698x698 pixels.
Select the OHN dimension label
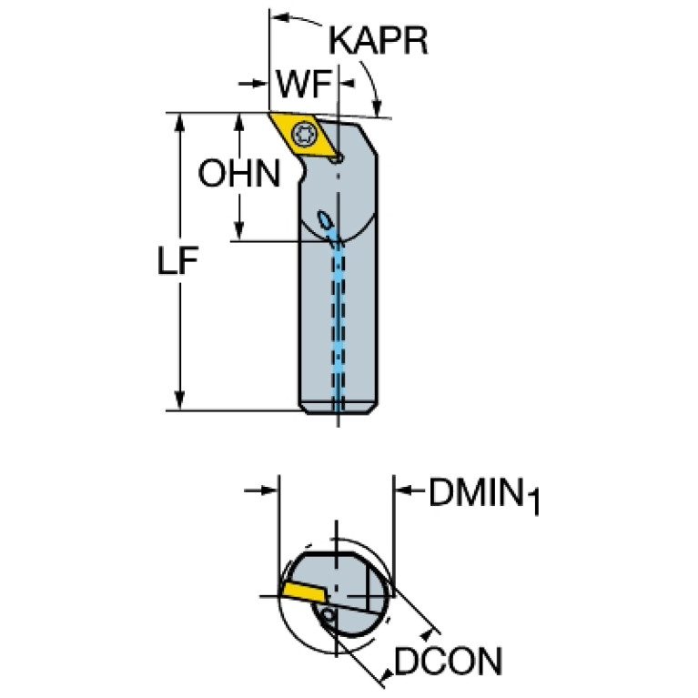[x=239, y=174]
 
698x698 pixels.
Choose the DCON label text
[x=448, y=662]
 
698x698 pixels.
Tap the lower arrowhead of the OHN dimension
[x=240, y=231]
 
